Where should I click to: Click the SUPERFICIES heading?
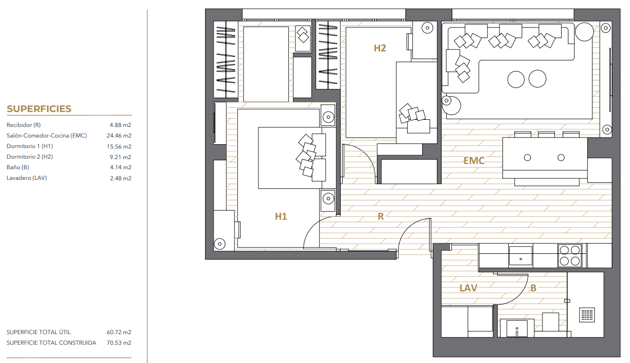[x=39, y=109]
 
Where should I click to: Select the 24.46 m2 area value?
[x=119, y=136]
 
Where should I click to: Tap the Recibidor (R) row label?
[x=24, y=125]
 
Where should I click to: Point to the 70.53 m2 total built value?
[x=119, y=343]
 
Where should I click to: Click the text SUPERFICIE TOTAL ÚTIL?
[x=39, y=332]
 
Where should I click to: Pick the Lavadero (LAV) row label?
[x=27, y=178]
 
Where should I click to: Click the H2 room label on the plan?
[x=380, y=49]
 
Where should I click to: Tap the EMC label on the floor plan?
[x=474, y=161]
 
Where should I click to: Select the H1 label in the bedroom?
[x=281, y=216]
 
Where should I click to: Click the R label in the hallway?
[x=381, y=216]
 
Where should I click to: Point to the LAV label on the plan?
[x=468, y=288]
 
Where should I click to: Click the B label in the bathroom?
[x=533, y=288]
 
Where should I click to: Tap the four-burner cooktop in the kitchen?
[x=570, y=256]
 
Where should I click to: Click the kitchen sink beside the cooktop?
[x=521, y=256]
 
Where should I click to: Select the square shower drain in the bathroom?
[x=587, y=314]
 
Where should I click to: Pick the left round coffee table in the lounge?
[x=516, y=79]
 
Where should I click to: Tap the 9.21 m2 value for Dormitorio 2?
[x=120, y=157]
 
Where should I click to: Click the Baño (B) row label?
[x=18, y=167]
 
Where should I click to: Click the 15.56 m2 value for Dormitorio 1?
[x=119, y=146]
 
